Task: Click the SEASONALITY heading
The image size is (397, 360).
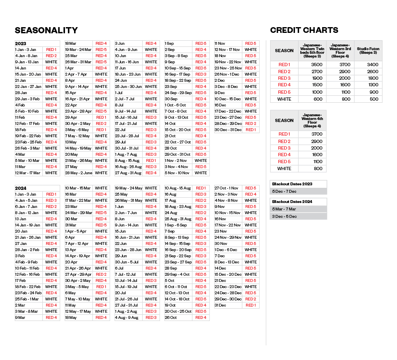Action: tap(46, 30)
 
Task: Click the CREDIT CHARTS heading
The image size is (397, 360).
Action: tap(304, 30)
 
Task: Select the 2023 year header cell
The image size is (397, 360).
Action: tap(21, 44)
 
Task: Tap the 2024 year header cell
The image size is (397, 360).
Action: tap(21, 188)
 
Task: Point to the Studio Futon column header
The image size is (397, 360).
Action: tap(368, 51)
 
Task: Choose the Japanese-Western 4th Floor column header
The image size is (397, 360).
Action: tap(312, 120)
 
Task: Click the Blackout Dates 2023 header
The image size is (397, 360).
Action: tap(292, 184)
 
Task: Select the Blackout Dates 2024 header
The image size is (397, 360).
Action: tap(292, 202)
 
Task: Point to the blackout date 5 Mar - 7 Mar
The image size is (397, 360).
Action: tap(284, 209)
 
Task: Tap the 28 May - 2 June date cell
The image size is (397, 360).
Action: tap(79, 173)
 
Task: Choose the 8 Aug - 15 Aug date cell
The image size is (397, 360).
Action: tap(128, 161)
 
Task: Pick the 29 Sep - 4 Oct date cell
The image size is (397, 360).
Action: tap(177, 275)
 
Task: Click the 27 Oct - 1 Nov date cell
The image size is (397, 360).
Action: tap(226, 188)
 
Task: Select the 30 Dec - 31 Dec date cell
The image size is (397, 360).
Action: tap(227, 130)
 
